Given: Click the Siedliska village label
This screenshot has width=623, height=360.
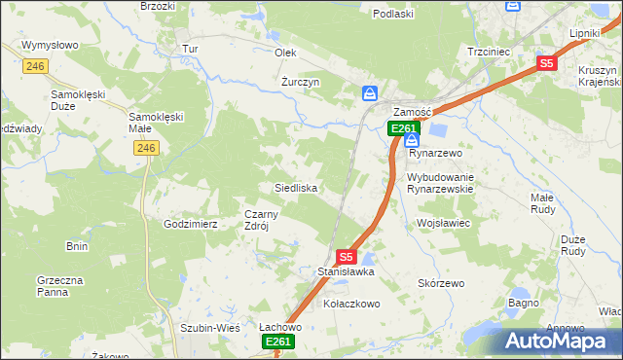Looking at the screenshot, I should click(292, 186).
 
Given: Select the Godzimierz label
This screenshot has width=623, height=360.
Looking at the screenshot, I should click(190, 224).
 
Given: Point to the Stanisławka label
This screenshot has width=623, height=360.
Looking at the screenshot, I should click(347, 272).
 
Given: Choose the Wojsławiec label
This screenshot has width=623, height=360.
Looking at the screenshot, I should click(443, 223).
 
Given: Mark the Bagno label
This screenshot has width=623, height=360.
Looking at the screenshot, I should click(523, 304).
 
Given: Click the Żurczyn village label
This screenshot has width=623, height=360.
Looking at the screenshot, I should click(301, 83).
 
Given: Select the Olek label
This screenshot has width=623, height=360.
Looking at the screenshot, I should click(285, 53).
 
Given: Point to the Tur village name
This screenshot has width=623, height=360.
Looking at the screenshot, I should click(190, 49).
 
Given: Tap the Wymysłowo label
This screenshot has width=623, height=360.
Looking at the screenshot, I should click(50, 46).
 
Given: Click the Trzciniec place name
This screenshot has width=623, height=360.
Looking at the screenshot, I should click(490, 51).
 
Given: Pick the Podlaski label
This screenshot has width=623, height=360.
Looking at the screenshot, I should click(394, 14).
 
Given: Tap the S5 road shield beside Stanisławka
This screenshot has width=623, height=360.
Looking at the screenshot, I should click(346, 257).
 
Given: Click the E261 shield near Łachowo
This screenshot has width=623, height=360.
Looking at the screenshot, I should click(277, 342).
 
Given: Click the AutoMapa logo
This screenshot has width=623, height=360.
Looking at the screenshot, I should click(562, 341).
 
